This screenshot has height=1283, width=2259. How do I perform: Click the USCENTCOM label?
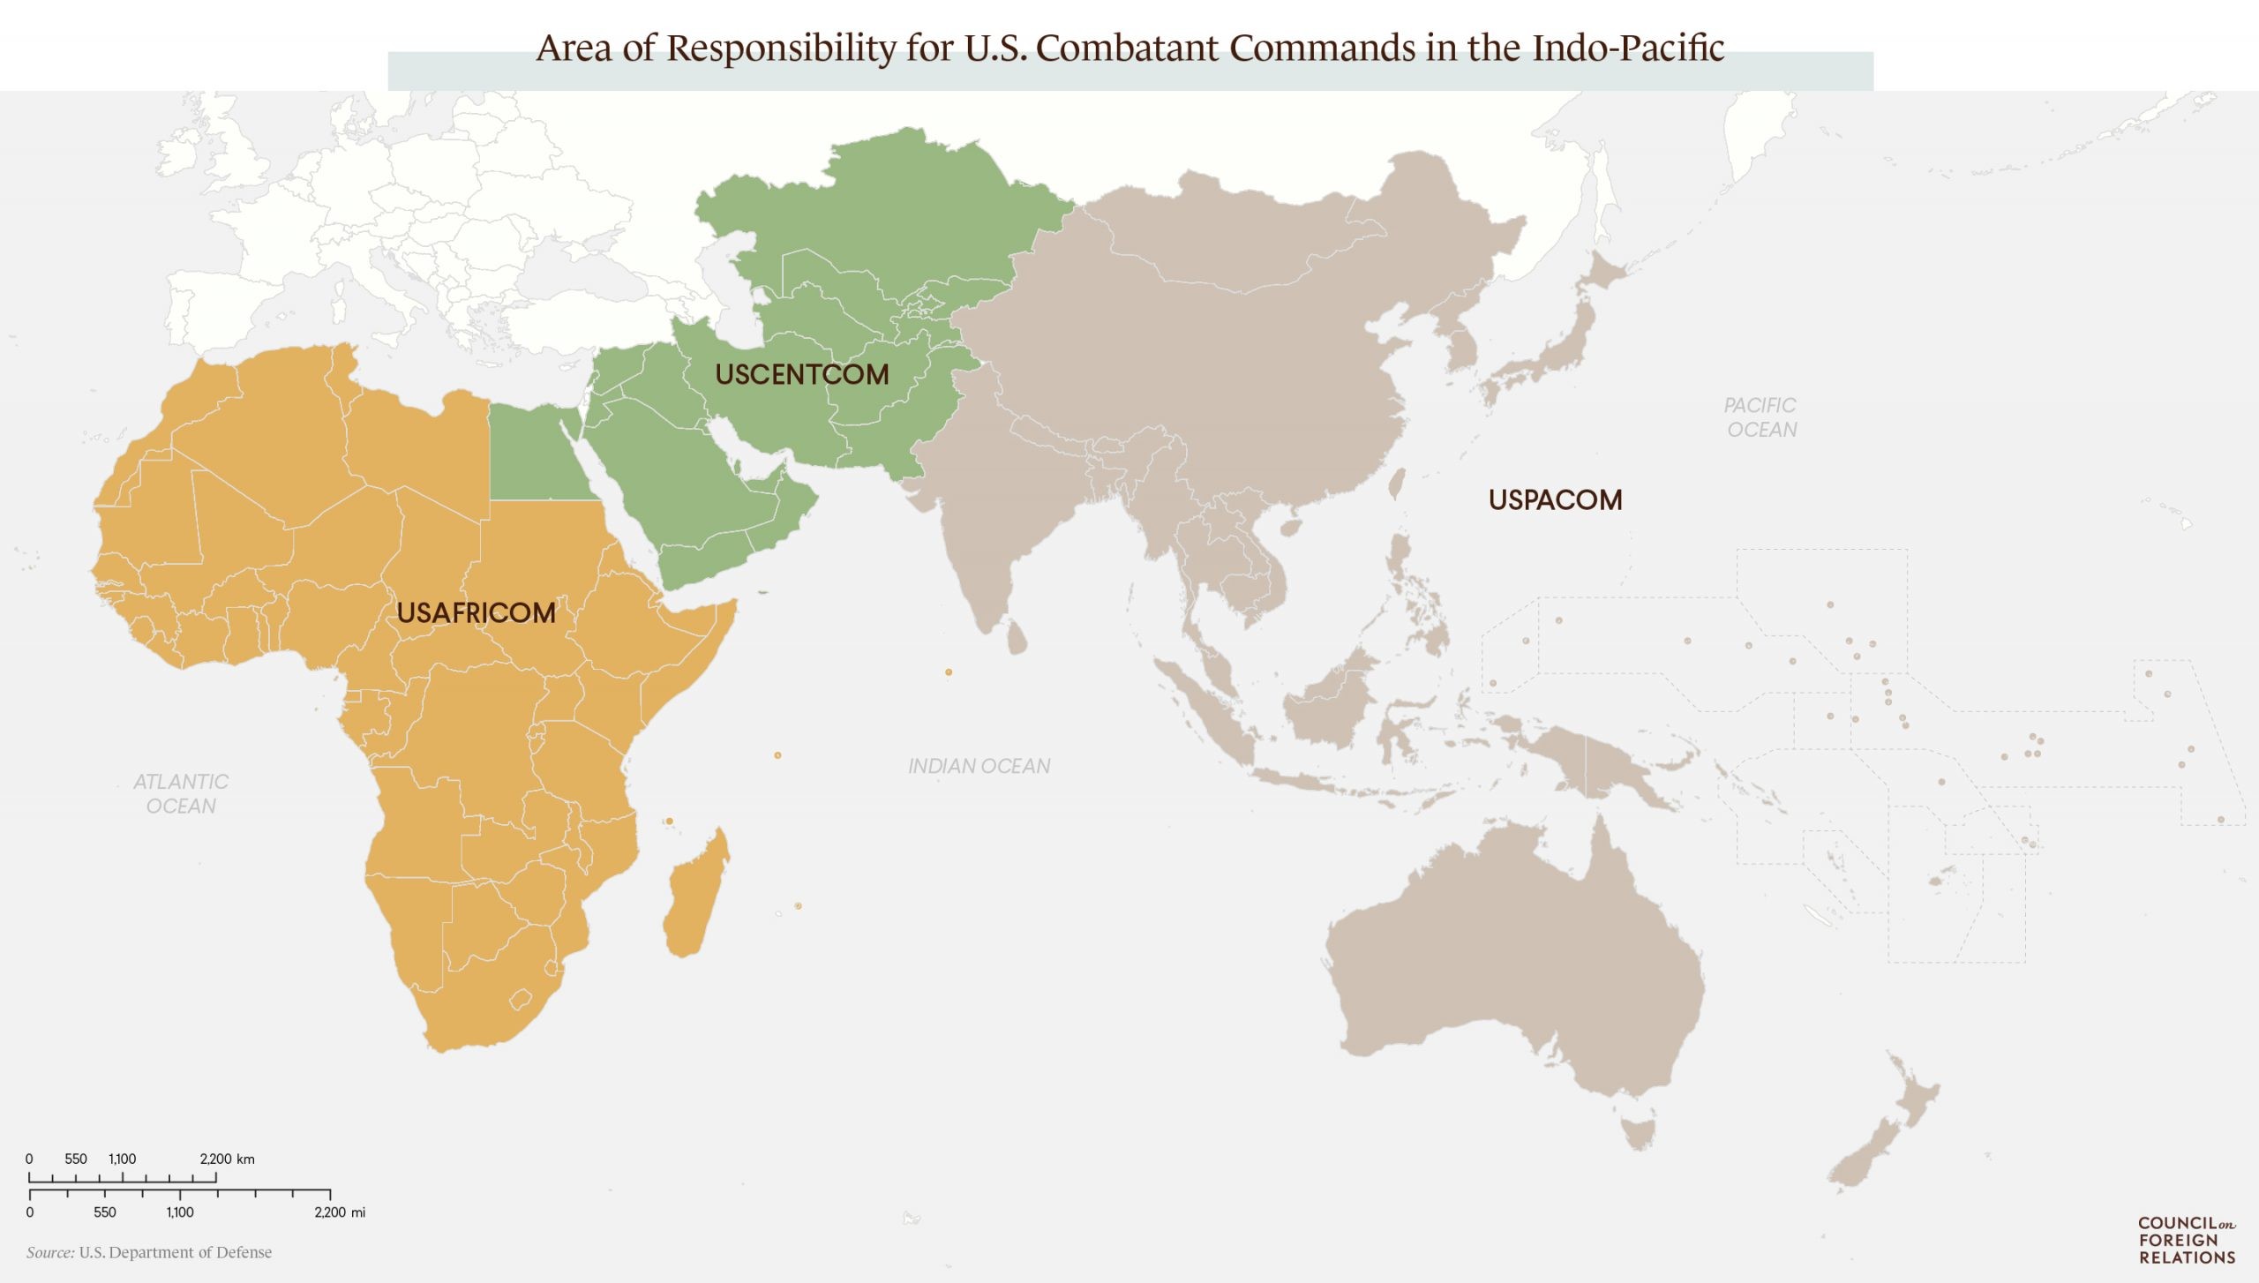click(x=801, y=374)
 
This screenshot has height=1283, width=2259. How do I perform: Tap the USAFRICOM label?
click(x=476, y=612)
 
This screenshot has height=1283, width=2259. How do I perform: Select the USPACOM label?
click(x=1555, y=499)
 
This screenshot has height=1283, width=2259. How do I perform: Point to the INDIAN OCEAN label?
click(x=979, y=766)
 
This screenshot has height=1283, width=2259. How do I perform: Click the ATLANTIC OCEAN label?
click(x=180, y=793)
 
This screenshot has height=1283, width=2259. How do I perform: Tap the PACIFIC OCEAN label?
click(x=1760, y=417)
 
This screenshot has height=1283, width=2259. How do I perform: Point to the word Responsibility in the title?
click(x=781, y=48)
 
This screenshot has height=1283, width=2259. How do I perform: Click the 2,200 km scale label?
click(x=227, y=1159)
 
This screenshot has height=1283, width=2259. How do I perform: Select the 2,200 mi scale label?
click(x=340, y=1212)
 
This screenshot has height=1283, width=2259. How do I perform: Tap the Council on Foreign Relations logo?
click(x=2186, y=1240)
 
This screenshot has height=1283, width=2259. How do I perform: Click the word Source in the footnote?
click(x=49, y=1252)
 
